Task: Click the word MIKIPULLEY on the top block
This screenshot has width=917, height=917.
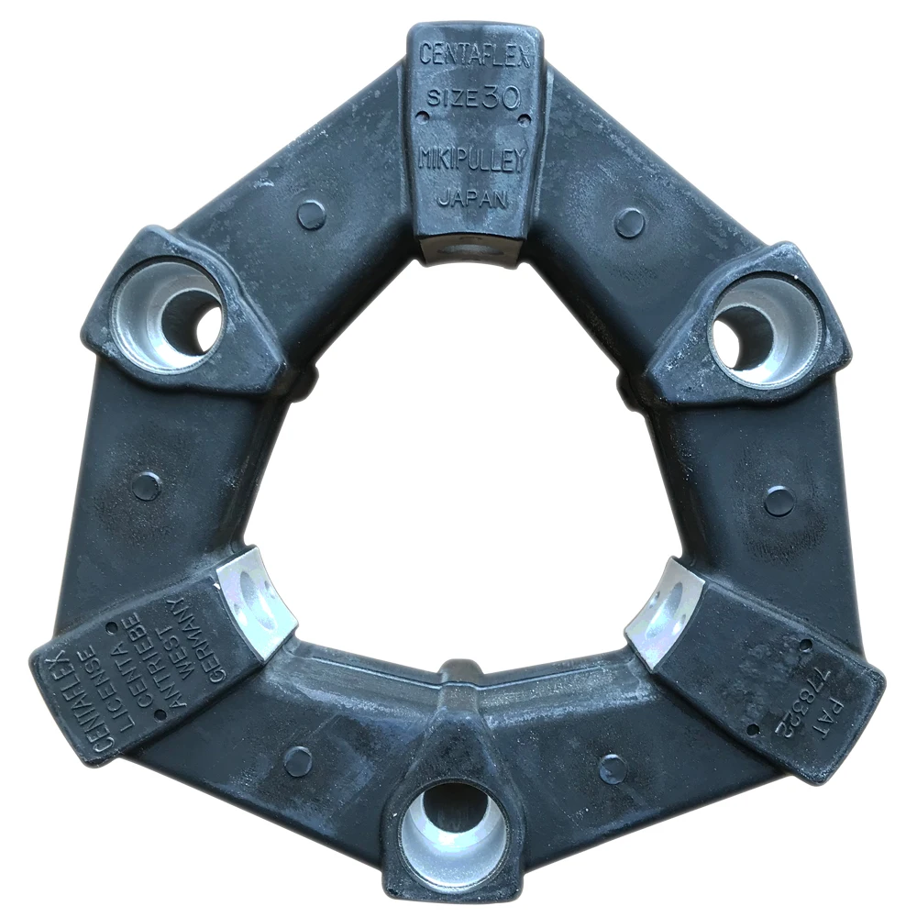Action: [x=473, y=160]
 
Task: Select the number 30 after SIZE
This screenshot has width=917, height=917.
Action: [x=501, y=98]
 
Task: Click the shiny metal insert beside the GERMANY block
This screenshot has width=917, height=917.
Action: [x=260, y=601]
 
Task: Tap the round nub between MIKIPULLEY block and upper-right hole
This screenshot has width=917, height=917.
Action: [x=629, y=221]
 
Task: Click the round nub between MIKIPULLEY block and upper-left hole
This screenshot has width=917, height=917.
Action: [x=312, y=214]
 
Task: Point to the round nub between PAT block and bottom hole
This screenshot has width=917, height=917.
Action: [x=613, y=768]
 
